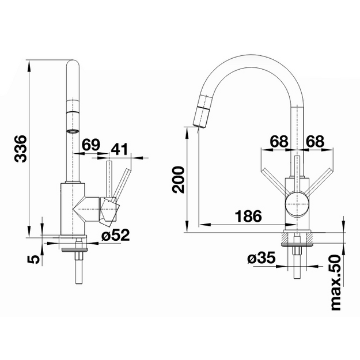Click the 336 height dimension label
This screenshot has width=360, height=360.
(21, 149)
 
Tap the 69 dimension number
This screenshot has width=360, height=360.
(91, 145)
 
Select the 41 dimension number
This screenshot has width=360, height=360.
(119, 149)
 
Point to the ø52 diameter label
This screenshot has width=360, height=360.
(116, 235)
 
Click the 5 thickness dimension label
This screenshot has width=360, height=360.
(33, 259)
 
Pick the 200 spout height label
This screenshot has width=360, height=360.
(179, 180)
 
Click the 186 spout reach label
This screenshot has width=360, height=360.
(249, 216)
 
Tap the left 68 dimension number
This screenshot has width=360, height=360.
(279, 141)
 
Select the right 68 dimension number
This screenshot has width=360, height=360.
(315, 141)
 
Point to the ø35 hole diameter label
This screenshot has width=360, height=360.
(262, 257)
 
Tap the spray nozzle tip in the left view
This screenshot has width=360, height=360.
(73, 131)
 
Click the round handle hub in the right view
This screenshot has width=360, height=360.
(297, 204)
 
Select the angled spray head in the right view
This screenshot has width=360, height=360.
(202, 111)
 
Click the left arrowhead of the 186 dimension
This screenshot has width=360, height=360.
(204, 224)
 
